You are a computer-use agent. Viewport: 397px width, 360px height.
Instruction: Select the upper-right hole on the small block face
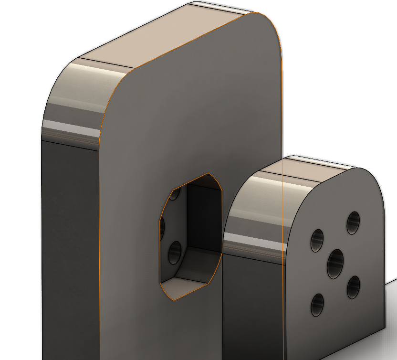[353, 222]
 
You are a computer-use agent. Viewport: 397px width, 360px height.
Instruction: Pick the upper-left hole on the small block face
[317, 240]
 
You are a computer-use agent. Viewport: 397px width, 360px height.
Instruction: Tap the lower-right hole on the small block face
[353, 287]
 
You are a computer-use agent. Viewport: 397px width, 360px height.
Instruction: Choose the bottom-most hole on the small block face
[317, 304]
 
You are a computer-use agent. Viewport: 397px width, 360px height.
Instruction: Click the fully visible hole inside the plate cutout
[175, 253]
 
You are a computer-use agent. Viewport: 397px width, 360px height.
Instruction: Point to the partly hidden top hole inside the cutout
[175, 194]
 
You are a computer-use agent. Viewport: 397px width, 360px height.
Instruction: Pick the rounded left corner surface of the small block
[253, 210]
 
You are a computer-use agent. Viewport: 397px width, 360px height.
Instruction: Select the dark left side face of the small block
[253, 306]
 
